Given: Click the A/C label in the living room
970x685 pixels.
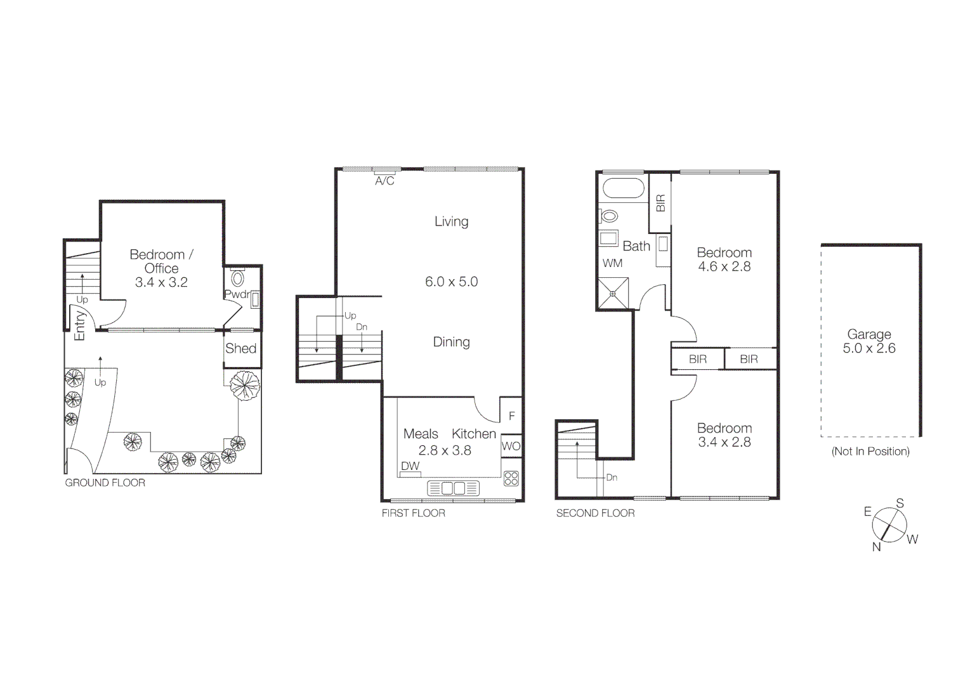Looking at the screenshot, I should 384,181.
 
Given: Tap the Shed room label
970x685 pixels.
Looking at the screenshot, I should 240,348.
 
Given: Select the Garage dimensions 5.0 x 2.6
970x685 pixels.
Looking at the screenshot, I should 868,348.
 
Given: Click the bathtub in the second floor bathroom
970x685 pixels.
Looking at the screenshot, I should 622,188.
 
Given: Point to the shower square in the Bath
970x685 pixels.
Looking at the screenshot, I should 613,294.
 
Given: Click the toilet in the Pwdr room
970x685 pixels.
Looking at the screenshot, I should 238,278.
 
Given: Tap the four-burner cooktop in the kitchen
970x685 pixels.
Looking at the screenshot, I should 511,478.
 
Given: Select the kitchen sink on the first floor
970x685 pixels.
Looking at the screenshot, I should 453,488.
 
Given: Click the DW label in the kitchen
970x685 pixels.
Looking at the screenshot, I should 410,466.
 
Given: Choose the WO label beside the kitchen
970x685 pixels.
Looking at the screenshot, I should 511,446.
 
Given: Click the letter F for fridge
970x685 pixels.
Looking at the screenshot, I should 512,417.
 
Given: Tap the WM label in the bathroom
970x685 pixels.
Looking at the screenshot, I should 612,263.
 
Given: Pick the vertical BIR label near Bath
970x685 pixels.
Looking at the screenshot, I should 660,203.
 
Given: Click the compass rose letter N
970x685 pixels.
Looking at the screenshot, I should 876,547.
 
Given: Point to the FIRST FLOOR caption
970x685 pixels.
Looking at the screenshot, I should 413,513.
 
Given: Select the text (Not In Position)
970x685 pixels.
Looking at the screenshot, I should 870,452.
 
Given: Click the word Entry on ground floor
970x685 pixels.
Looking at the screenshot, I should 80,325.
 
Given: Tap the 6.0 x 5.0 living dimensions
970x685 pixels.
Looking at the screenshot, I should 451,282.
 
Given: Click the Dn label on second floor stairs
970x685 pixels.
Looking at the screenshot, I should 612,478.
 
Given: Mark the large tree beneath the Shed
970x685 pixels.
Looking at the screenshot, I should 244,385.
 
